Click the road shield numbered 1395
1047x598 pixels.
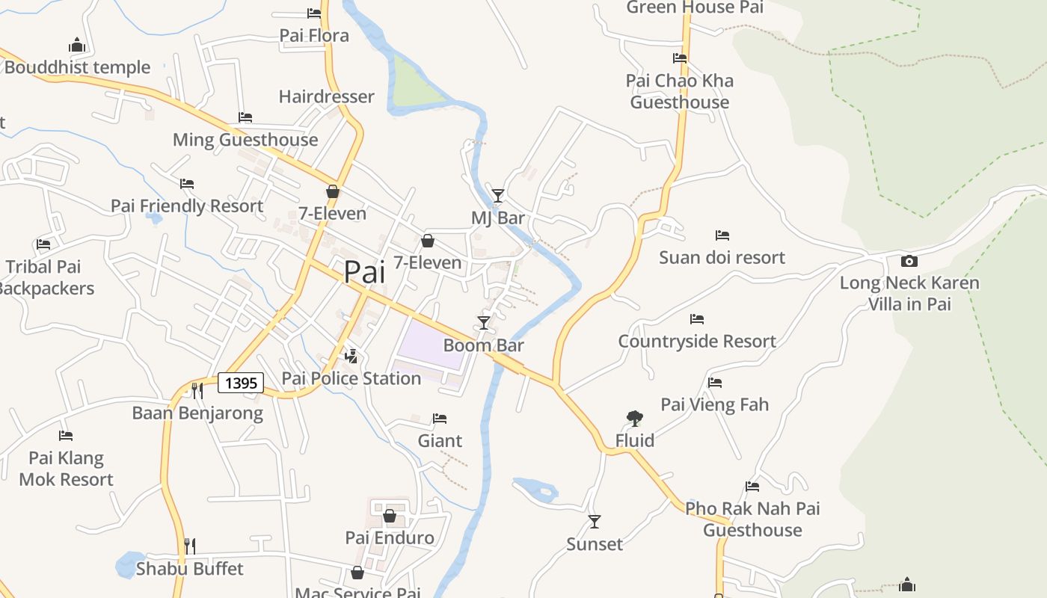coord(241,383)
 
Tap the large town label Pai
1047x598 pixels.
coord(364,272)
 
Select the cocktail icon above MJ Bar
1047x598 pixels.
coord(498,196)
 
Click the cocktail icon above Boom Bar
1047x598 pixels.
coord(484,323)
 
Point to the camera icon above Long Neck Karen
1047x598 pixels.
coord(909,261)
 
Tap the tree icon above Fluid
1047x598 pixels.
coord(634,418)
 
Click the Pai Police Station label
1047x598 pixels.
coord(351,378)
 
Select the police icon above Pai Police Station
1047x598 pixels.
coord(351,356)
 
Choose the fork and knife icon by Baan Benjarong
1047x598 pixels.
coord(197,390)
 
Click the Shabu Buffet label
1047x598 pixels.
coord(190,569)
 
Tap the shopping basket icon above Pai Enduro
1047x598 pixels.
coord(390,516)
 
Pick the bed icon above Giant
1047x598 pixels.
coord(440,419)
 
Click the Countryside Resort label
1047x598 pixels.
coord(697,342)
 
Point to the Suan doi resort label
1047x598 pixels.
coord(722,257)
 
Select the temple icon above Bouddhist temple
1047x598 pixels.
coord(77,46)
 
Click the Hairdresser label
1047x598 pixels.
coord(326,96)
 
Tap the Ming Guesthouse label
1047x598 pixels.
coord(245,140)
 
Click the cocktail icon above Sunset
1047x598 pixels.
coord(595,522)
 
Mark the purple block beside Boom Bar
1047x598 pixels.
coord(432,344)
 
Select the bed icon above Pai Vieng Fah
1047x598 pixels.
coord(715,383)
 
